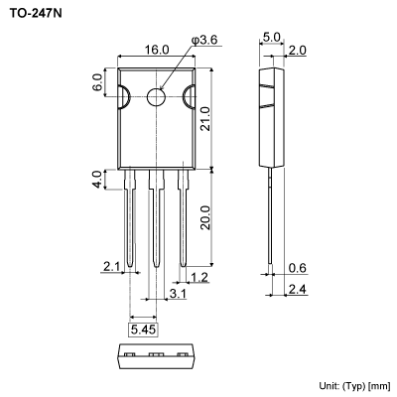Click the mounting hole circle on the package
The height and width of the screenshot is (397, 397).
[157, 97]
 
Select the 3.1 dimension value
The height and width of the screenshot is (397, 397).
[177, 295]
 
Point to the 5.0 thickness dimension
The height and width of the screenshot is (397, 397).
[272, 39]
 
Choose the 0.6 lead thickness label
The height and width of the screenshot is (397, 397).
[298, 268]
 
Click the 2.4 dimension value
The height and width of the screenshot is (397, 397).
[298, 289]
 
